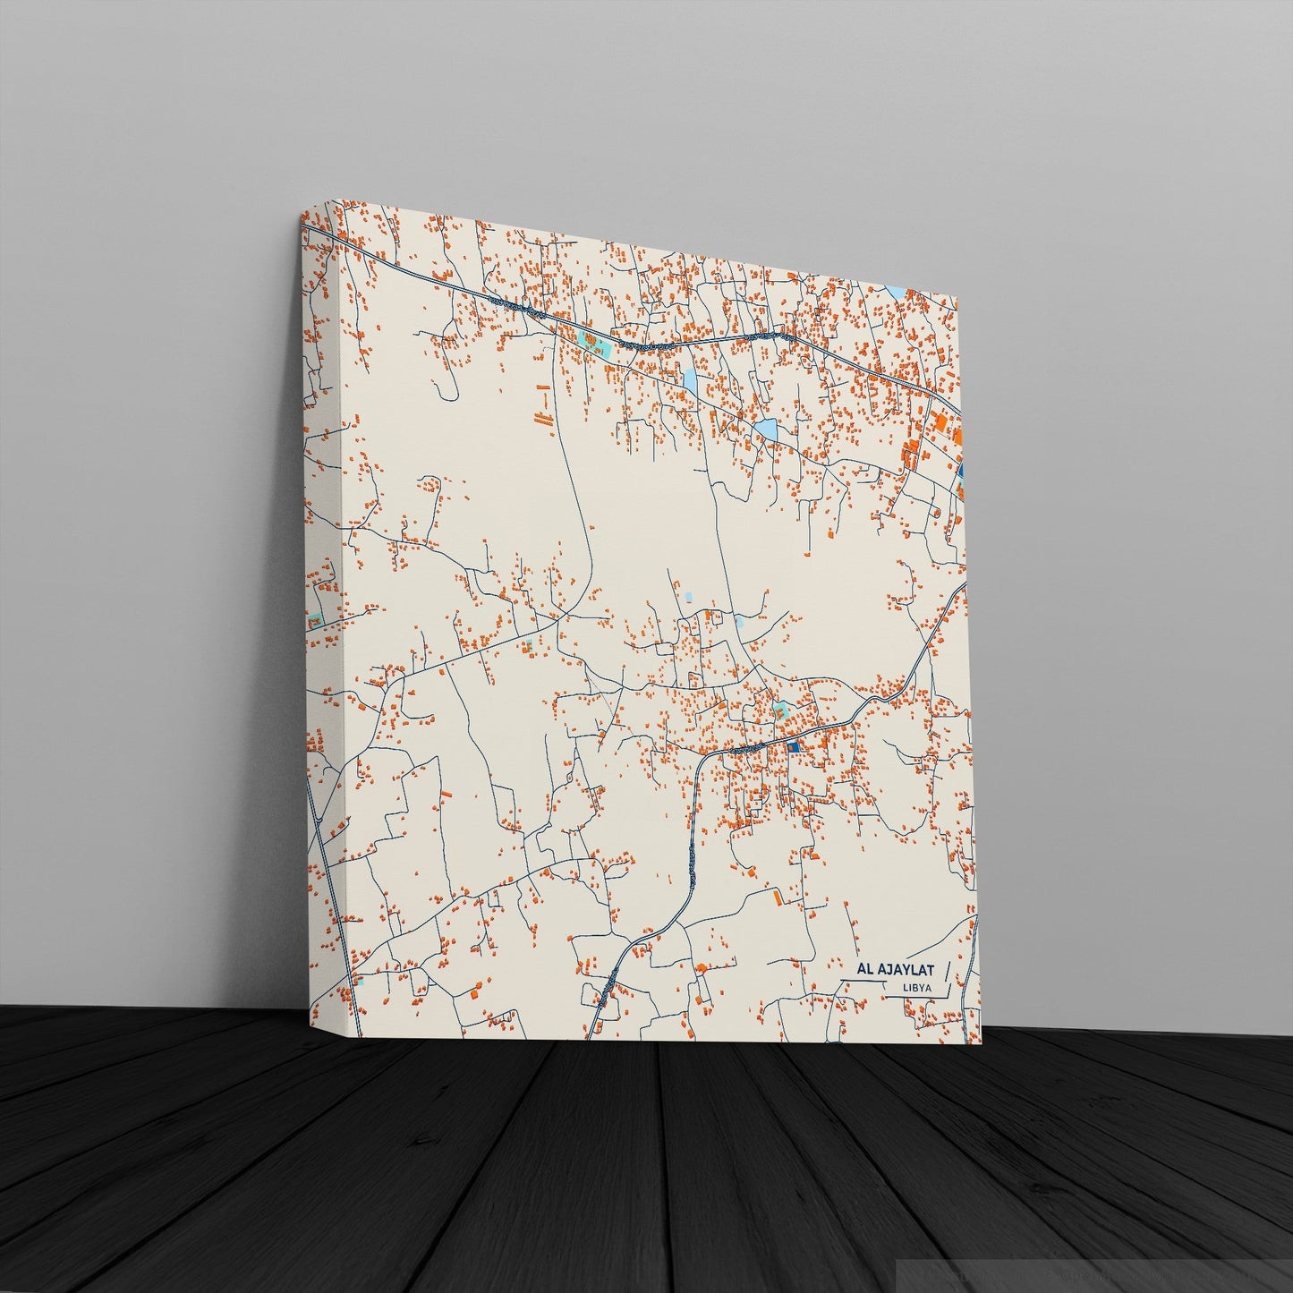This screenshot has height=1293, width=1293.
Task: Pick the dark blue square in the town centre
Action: click(x=792, y=746)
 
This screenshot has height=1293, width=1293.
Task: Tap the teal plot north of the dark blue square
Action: click(x=780, y=712)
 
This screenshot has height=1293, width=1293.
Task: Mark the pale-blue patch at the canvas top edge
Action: click(x=897, y=293)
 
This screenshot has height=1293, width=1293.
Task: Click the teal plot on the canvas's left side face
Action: click(x=314, y=620)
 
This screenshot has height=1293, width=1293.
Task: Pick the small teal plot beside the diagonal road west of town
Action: click(x=528, y=644)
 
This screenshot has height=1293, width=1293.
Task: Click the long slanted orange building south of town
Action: click(x=778, y=897)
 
